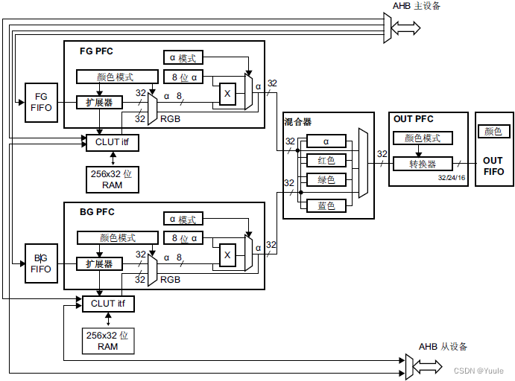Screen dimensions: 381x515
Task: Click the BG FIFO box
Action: tap(41, 263)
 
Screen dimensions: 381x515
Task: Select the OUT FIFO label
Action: tap(493, 166)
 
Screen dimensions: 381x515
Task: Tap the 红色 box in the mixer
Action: tap(326, 161)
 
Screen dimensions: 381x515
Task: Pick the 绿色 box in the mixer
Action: tap(326, 180)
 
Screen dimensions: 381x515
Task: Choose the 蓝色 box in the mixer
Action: tap(326, 205)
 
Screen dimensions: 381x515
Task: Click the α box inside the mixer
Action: tap(326, 141)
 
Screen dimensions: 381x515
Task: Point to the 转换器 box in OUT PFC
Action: tap(423, 164)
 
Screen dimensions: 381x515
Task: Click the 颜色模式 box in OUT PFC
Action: tap(423, 138)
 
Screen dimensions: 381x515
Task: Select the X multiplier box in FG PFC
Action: tap(228, 94)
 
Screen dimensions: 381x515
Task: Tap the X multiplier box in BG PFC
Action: tap(228, 255)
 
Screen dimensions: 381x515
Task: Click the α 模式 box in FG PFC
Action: tap(183, 58)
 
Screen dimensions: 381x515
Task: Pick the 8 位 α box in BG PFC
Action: tap(183, 238)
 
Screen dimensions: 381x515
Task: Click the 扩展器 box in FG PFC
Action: tap(99, 102)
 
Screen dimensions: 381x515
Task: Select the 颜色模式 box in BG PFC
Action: tap(118, 238)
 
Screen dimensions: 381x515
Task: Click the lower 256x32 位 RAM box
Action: tap(108, 341)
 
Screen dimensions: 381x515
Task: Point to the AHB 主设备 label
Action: tap(417, 7)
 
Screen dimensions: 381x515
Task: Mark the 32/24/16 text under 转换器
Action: tap(452, 178)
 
